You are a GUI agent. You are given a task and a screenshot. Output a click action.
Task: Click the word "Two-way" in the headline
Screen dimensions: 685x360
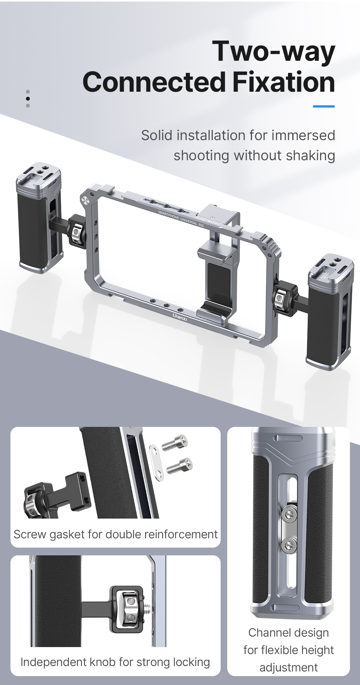(x=274, y=51)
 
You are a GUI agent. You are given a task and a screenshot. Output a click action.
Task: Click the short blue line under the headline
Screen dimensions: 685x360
(x=323, y=106)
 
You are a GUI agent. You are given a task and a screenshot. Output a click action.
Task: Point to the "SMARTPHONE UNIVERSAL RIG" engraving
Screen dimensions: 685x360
(x=180, y=218)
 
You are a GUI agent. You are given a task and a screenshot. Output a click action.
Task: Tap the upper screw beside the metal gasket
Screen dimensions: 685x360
(x=175, y=442)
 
